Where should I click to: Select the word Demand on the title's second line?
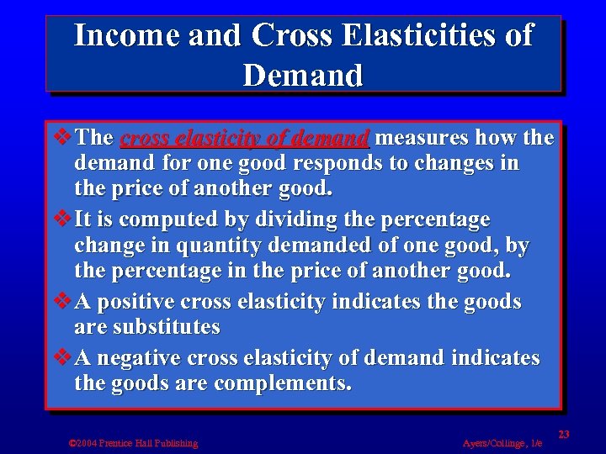point(303,76)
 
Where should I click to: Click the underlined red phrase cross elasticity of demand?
point(245,137)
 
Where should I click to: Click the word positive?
point(137,302)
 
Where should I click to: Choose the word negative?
point(141,358)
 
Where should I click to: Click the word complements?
point(283,383)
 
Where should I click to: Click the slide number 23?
point(563,434)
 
